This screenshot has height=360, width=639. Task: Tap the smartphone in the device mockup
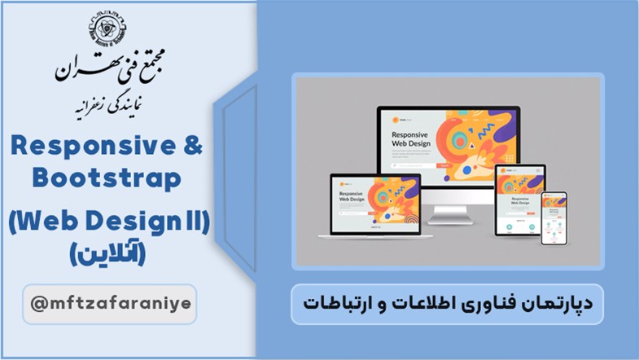coord(554,219)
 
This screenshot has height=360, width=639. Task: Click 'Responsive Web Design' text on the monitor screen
coord(410,139)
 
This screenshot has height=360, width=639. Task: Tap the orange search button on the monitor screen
coord(444,165)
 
